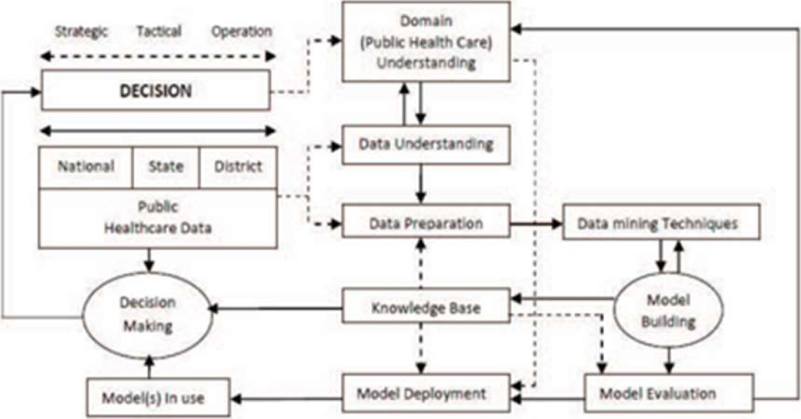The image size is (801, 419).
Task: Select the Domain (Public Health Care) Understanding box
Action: [x=427, y=44]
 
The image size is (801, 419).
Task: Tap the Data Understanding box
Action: [x=426, y=143]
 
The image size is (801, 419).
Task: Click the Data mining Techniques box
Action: [x=661, y=223]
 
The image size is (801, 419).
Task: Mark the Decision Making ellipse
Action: [x=148, y=315]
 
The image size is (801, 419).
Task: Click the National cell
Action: [x=86, y=166]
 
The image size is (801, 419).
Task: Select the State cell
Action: [x=166, y=166]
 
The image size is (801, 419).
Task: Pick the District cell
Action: [x=238, y=166]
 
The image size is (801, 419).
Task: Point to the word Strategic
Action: [x=81, y=31]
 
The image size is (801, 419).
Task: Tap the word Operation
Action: [x=241, y=31]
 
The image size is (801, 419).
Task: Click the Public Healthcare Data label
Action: [x=158, y=217]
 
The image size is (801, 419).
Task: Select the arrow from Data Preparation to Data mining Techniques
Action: [x=536, y=222]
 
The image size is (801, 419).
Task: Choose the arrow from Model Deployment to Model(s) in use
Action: [x=287, y=399]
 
